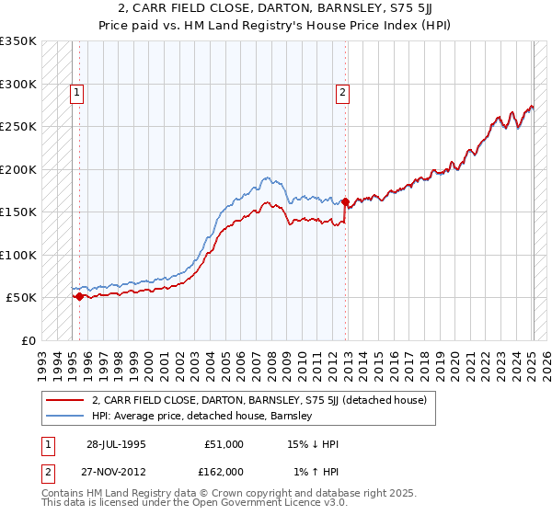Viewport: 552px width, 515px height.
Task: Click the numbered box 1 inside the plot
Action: point(76,91)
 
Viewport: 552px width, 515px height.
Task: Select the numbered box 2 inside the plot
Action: point(342,91)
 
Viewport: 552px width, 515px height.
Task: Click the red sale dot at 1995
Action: point(80,296)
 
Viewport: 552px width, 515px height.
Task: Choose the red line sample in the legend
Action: point(65,401)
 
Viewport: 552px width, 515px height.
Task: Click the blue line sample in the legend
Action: point(65,416)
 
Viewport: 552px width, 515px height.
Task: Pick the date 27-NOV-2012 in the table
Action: point(117,471)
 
